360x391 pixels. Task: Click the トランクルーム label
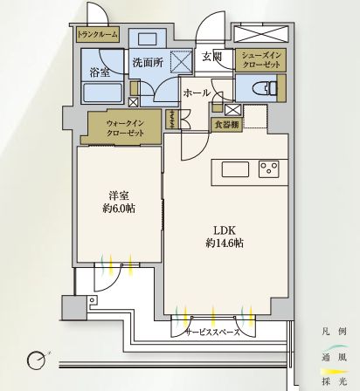pos(97,35)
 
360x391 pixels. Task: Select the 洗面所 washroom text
pos(147,63)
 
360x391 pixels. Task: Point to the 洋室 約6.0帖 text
pos(117,202)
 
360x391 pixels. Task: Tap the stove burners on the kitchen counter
pos(267,169)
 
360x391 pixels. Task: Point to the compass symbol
pos(37,359)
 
